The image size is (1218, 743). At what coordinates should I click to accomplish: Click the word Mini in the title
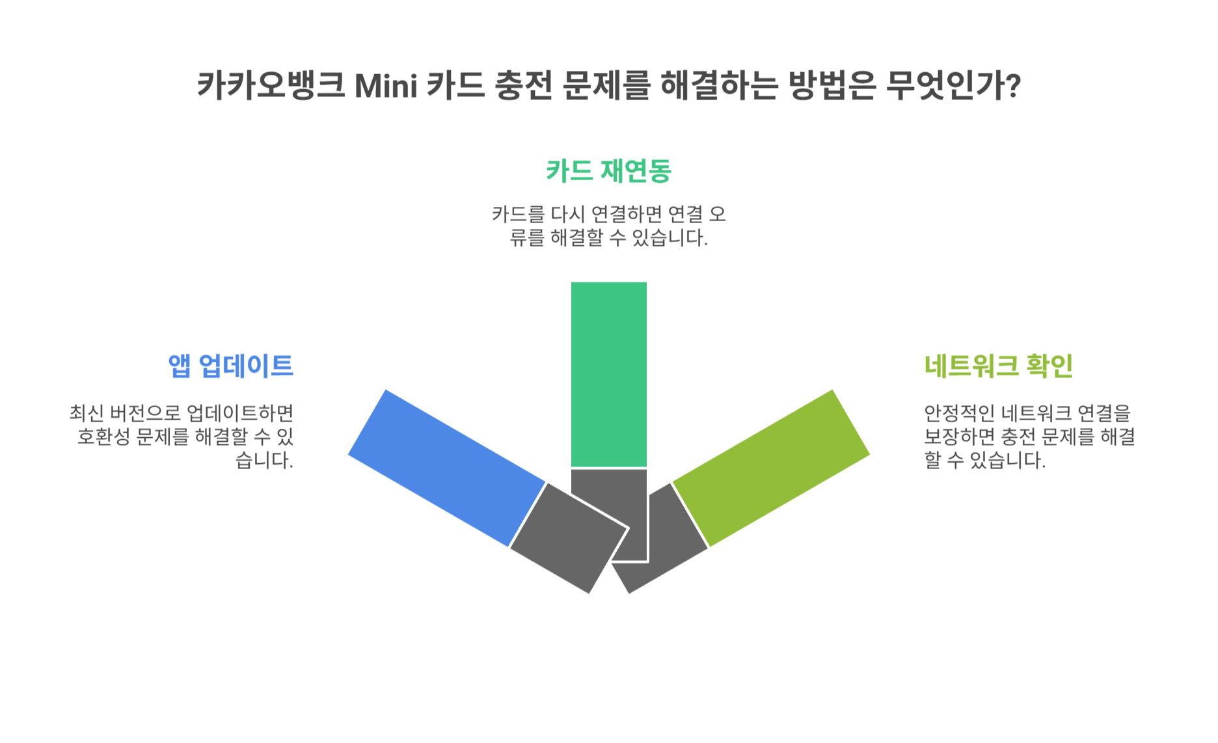point(386,85)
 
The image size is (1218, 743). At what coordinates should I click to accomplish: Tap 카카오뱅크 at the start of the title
point(270,85)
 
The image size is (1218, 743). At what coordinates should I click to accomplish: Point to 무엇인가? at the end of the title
point(953,85)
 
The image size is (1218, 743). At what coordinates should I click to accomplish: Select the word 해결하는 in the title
point(718,85)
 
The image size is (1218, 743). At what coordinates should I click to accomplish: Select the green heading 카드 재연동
point(608,171)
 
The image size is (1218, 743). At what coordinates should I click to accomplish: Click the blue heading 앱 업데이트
point(231,366)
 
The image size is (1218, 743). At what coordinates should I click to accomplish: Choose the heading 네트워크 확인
point(998,366)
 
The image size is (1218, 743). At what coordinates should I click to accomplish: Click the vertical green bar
point(608,374)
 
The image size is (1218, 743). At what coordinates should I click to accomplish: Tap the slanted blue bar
point(447,467)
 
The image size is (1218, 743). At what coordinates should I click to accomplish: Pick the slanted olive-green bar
point(771,467)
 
